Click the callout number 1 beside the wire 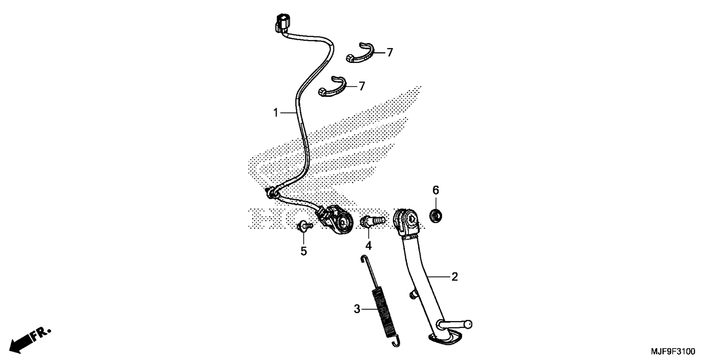coord(276,112)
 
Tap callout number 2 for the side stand coord(454,277)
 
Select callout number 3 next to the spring coord(357,309)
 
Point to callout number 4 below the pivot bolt coord(369,246)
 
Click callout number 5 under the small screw coord(304,251)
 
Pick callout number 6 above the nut coord(435,190)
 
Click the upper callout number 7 coord(390,53)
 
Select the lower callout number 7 coord(362,87)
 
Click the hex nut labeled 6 coord(435,216)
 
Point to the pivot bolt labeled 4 coord(372,220)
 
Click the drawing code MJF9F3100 coord(673,352)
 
